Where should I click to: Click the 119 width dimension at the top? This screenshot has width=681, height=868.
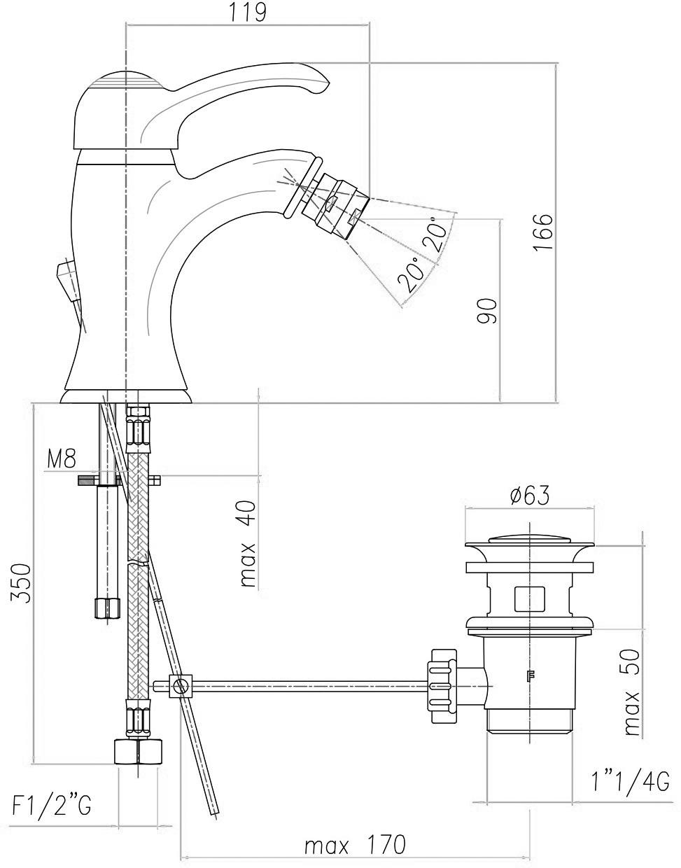point(248,13)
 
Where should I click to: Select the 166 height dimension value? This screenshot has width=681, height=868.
point(543,232)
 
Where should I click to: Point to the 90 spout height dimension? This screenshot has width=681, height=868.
point(487,311)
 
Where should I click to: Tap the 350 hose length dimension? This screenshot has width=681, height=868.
point(21,583)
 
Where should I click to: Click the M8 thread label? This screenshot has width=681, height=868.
point(62,459)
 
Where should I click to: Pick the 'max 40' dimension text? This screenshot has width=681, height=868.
point(248,544)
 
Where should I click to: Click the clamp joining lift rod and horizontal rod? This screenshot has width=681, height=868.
point(181,686)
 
